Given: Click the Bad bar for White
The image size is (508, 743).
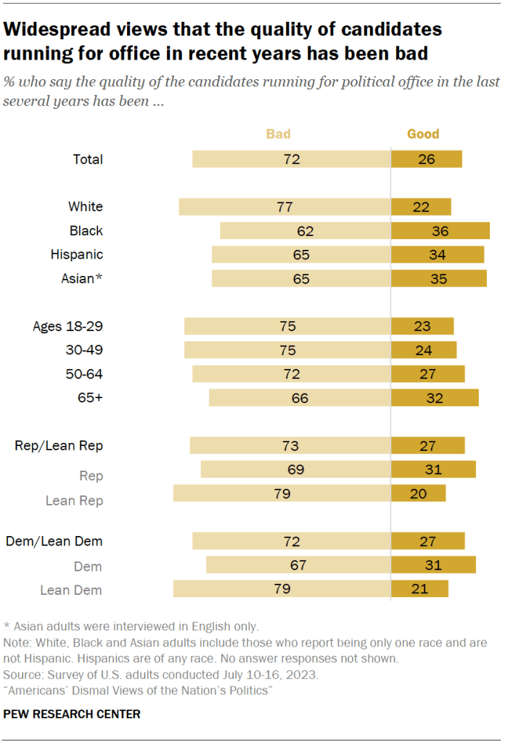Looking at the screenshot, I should coord(284,207).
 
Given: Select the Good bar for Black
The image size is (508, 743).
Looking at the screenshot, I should coord(440,231).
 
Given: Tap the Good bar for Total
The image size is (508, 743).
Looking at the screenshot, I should coord(426,159).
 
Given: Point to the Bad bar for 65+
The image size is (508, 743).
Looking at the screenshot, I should coord(300,398).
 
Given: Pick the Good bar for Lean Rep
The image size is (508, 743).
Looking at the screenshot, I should coord(418,494).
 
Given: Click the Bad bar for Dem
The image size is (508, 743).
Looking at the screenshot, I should coord(298,566).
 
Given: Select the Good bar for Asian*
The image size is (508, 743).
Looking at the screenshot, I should coord(438,278).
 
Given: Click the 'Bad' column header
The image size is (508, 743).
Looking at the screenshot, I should coord(279,134).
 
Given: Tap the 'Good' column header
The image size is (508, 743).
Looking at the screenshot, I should coord(423,134).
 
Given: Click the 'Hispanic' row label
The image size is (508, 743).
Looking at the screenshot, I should coord(77,255).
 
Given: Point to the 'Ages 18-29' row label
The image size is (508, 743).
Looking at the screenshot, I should coord(68,326).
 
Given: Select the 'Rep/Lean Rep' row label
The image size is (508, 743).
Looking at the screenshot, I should coord(59,446).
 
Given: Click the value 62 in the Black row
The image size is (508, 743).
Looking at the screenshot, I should coord(305,231).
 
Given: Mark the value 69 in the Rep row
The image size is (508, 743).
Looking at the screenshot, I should coord(295,470).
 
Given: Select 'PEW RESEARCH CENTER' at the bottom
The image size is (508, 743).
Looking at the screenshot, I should coord(72,714).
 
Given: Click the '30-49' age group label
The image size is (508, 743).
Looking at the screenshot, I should coord(84,350).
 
